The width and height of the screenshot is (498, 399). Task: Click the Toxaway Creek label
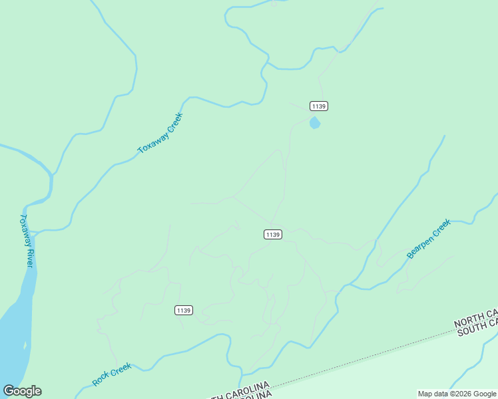pos(160,133)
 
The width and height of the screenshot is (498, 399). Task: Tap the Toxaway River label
pos(26,240)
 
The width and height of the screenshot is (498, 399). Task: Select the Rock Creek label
pos(111,374)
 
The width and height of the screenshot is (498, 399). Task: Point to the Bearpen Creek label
pos(429,239)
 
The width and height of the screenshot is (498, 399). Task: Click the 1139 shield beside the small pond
pos(319,106)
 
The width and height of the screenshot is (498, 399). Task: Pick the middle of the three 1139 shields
pos(272,234)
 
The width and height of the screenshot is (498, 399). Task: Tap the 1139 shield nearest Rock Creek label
pos(184,311)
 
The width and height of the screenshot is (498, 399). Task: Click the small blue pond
pos(314,123)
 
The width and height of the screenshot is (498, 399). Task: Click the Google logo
pos(23,391)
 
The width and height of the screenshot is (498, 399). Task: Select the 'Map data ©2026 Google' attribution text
pos(457,394)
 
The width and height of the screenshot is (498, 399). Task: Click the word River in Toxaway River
pos(27,255)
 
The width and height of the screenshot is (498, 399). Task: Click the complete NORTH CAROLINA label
pos(240,391)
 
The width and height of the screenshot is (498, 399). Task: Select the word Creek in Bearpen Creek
pos(441,227)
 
